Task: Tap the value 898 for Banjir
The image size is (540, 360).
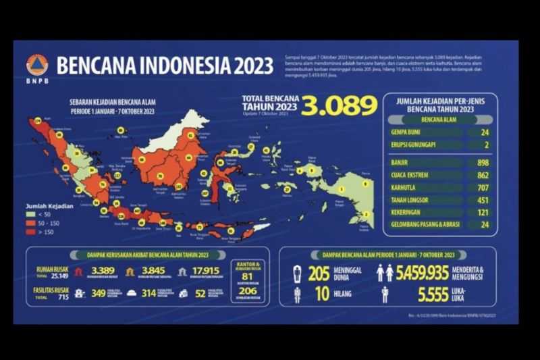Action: click(x=481, y=163)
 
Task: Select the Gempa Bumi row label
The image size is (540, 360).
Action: click(x=406, y=132)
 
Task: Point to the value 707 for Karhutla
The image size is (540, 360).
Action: click(x=481, y=187)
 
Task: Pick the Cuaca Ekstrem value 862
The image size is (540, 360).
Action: click(x=481, y=175)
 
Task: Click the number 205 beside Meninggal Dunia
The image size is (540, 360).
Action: click(x=319, y=272)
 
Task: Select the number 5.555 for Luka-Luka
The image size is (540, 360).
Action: click(x=433, y=294)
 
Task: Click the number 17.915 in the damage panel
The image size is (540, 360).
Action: click(x=206, y=272)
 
